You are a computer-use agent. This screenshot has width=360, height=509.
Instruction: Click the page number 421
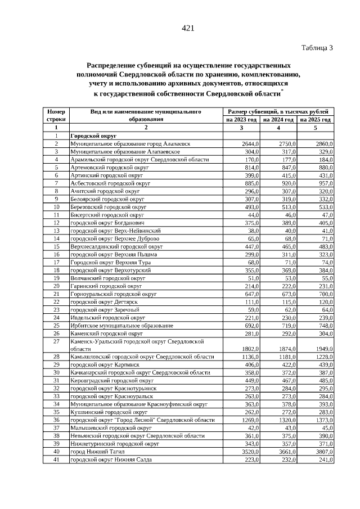coord(188,29)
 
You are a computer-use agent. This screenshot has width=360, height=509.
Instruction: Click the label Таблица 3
coord(317,48)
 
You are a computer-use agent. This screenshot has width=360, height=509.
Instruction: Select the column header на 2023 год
coord(241,120)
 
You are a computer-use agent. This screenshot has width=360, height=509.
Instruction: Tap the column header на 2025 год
coord(316,120)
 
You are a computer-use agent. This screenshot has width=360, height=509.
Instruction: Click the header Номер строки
coord(56,115)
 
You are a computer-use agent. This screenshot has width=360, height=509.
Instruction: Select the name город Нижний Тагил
coord(93,451)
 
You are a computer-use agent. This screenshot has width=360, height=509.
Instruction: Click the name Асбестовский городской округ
coord(110,183)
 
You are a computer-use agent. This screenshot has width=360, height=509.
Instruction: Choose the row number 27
coord(56,341)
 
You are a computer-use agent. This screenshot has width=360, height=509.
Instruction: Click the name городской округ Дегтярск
coord(103,302)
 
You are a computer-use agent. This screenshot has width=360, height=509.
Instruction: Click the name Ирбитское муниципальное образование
coord(121,326)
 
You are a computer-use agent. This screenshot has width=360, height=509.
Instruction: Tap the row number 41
coord(56,459)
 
